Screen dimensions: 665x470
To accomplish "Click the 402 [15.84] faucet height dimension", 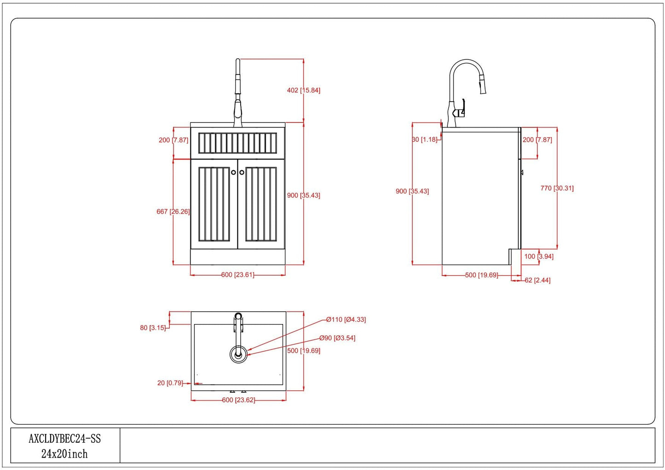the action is (x=303, y=90).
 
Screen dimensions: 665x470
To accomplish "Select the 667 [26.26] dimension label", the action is (x=173, y=211).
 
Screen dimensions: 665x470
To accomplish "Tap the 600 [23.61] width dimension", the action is (x=237, y=275).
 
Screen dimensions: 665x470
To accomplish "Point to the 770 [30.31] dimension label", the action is (x=557, y=188).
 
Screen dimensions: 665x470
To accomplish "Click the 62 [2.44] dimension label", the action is (x=538, y=280).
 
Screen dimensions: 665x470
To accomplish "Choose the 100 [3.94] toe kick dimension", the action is (x=539, y=256).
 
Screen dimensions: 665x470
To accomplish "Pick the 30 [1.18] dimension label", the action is (x=424, y=139).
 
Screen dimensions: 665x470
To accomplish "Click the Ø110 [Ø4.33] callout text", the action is (x=346, y=319).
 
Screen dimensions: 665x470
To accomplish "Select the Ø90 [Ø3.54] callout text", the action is (x=337, y=338).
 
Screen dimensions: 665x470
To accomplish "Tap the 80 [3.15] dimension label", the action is (x=153, y=328).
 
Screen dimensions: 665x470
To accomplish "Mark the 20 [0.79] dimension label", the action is (x=170, y=383).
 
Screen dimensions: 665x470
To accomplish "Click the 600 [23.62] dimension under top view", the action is (x=238, y=400).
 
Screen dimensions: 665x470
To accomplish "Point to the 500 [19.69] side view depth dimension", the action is (x=481, y=275).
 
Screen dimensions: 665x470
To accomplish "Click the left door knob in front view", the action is (x=233, y=172).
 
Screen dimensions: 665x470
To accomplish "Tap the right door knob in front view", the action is (x=242, y=172).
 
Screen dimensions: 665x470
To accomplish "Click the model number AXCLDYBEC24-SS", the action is (x=65, y=439).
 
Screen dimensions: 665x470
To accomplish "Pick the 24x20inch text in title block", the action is (x=64, y=454).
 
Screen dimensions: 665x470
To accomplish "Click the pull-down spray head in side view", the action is (x=482, y=84).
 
